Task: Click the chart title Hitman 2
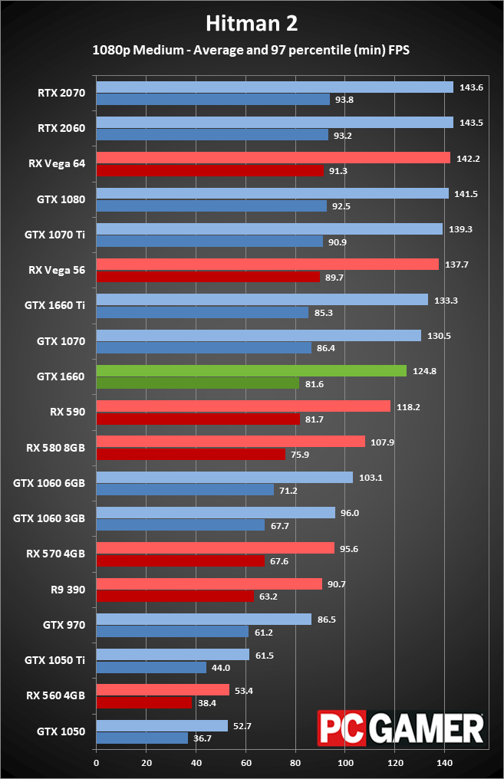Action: (252, 23)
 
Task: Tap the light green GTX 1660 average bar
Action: (251, 370)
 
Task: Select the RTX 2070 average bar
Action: (275, 87)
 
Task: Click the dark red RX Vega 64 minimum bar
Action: (209, 170)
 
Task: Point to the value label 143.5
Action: (471, 123)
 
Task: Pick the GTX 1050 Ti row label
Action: (54, 660)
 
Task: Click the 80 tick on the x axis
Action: (295, 763)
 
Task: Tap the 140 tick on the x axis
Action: (444, 763)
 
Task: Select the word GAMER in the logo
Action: (427, 728)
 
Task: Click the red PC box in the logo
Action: (342, 728)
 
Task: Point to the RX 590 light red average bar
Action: (243, 406)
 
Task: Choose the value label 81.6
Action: (314, 384)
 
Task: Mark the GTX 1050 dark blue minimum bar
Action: (142, 738)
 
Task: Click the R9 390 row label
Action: (68, 590)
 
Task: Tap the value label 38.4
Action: (207, 703)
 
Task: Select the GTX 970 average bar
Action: (204, 619)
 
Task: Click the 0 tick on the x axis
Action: (97, 763)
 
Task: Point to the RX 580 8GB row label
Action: (56, 448)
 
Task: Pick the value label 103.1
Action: (371, 478)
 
